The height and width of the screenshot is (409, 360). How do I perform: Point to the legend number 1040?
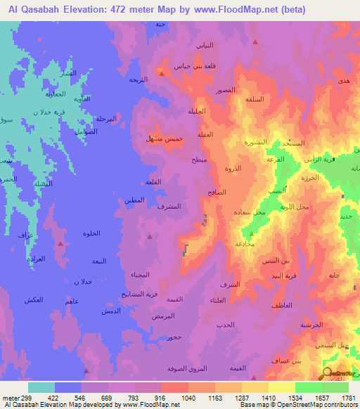[188, 398]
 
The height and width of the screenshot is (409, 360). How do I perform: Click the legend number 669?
[105, 398]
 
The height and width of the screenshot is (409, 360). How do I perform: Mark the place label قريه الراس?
[318, 160]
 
